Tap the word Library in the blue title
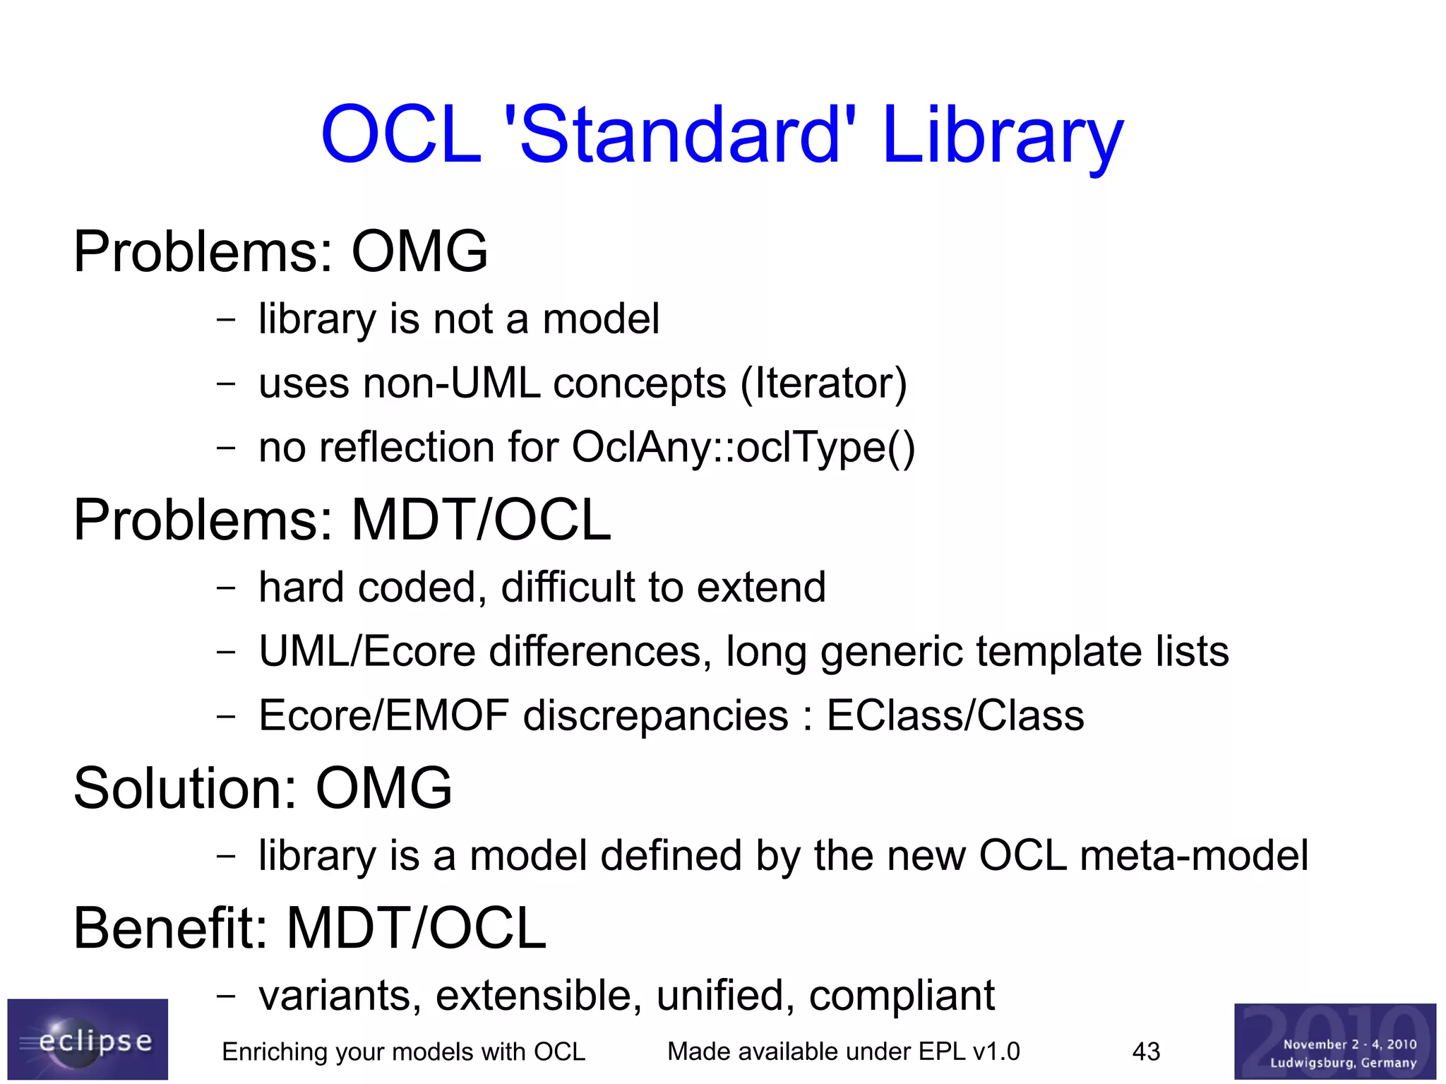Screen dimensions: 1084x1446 (x=1002, y=136)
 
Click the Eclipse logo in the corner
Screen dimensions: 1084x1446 (x=88, y=1039)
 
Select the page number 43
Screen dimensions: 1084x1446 (x=1146, y=1052)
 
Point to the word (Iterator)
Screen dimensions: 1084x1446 (x=823, y=384)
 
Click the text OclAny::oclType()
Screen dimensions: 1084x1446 (x=743, y=448)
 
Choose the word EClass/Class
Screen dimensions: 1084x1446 (x=955, y=715)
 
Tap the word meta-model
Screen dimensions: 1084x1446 (x=1194, y=856)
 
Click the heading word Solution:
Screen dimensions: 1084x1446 (x=185, y=789)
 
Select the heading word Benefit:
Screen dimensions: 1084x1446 (x=170, y=928)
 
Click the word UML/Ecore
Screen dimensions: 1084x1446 (x=367, y=651)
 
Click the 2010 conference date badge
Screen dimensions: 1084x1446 (x=1334, y=1041)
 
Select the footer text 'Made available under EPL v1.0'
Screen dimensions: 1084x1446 (x=843, y=1052)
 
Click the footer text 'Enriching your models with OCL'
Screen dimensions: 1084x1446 (x=403, y=1052)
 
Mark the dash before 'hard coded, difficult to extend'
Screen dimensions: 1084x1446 (x=226, y=588)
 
